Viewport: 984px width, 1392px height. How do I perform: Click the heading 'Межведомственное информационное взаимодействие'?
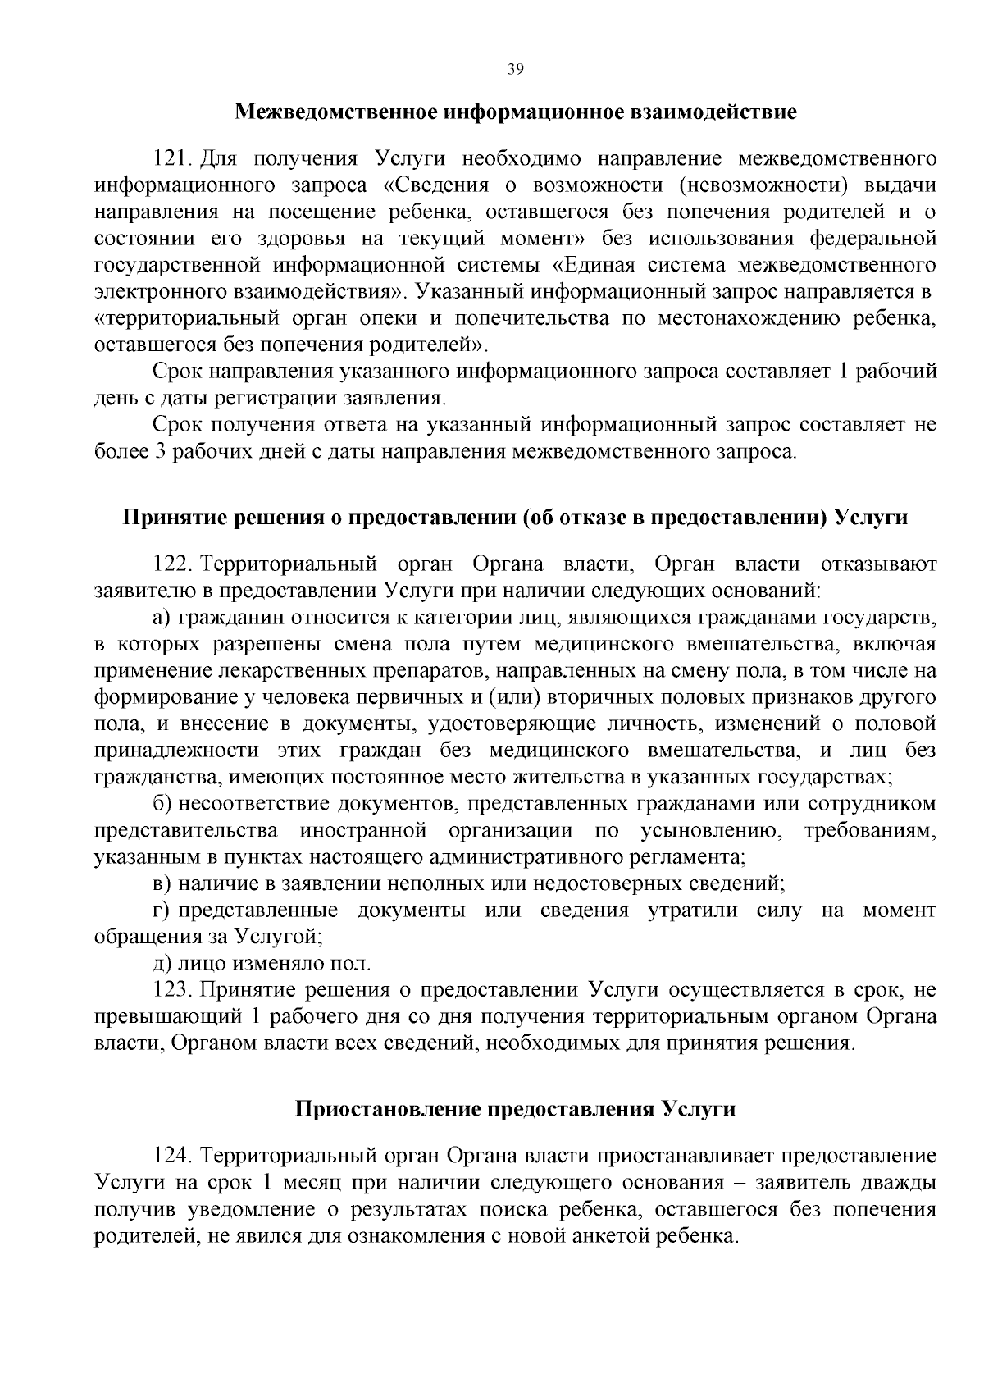pos(516,112)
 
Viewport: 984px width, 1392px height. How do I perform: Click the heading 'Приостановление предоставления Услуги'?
pos(515,1110)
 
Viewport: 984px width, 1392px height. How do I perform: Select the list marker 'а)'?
pos(161,617)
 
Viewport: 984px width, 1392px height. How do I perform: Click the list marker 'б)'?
pos(162,804)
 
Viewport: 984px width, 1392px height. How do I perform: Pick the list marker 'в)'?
pos(162,884)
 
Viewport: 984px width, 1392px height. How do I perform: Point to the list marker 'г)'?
pos(161,911)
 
